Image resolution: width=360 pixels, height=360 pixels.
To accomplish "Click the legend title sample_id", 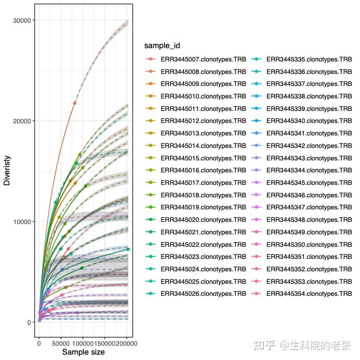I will [162, 46].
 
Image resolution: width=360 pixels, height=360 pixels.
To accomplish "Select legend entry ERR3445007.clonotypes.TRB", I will [203, 59].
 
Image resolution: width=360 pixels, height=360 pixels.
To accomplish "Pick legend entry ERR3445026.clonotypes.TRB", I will [203, 294].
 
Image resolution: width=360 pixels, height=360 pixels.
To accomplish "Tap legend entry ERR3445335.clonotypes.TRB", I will [309, 59].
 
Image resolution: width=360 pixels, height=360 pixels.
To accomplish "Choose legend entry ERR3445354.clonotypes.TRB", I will [309, 294].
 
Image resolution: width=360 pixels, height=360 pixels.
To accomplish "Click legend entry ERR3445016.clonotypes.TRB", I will [203, 170].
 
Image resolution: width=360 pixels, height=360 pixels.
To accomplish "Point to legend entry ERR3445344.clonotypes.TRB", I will [309, 170].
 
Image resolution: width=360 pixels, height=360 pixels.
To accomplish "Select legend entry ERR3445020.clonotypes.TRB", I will [203, 220].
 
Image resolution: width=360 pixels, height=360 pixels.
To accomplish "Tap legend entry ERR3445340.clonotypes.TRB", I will [309, 121].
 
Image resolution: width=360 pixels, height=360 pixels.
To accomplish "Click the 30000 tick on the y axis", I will [21, 20].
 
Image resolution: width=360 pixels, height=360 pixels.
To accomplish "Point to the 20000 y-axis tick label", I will [21, 121].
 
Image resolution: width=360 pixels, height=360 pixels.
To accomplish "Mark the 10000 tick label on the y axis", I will [21, 222].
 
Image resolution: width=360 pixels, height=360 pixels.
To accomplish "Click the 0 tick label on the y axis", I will [29, 323].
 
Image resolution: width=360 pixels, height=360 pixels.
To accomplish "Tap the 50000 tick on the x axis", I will [61, 344].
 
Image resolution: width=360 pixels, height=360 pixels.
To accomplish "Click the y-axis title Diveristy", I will [7, 170].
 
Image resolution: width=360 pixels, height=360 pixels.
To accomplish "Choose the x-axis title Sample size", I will [83, 352].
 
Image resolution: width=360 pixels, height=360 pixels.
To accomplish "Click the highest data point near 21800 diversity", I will [74, 103].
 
